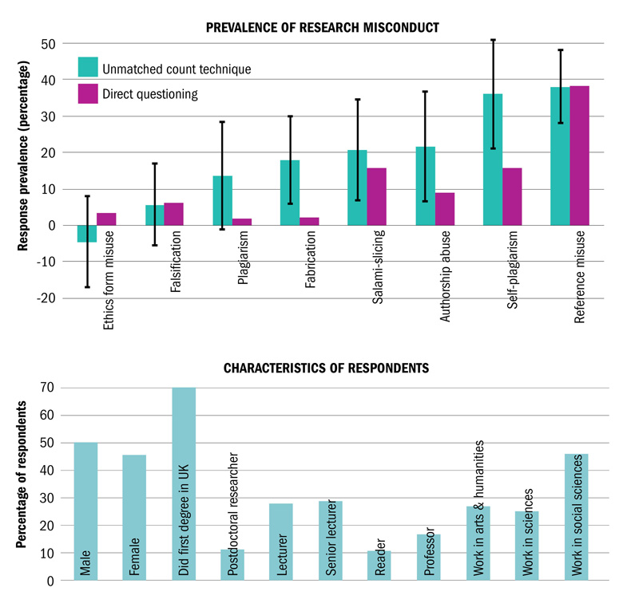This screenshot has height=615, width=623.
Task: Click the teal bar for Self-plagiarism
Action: pyautogui.click(x=492, y=160)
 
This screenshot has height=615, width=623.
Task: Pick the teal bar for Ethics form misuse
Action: pyautogui.click(x=87, y=233)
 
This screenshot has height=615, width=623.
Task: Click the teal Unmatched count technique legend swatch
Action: pyautogui.click(x=88, y=67)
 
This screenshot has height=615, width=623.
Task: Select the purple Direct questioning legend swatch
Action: pyautogui.click(x=88, y=93)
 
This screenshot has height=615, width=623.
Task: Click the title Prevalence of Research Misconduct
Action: pyautogui.click(x=322, y=28)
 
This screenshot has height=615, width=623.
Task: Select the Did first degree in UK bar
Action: pyautogui.click(x=183, y=484)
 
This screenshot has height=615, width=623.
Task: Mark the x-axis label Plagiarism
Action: pyautogui.click(x=244, y=252)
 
